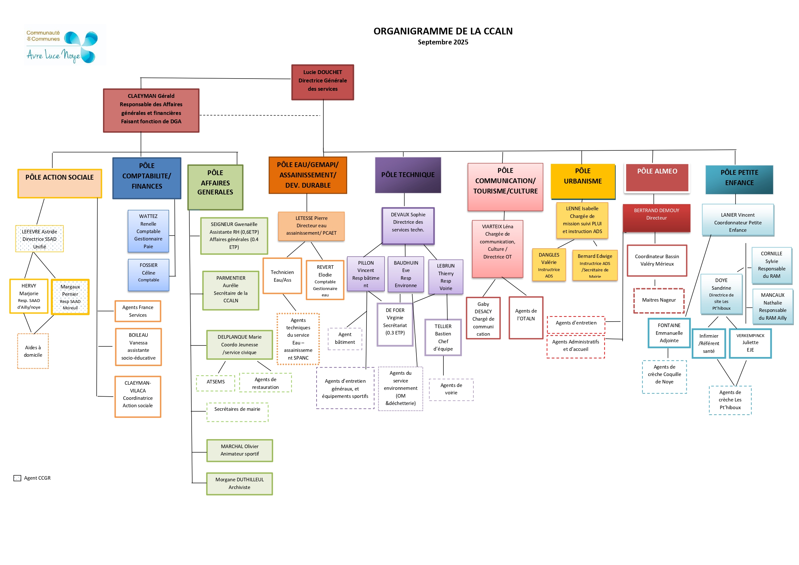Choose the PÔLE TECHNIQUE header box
tap(408, 174)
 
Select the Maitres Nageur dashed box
tap(659, 300)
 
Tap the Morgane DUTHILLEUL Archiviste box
tap(239, 483)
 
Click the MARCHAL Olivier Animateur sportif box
tap(239, 450)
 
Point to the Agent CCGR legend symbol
tap(17, 478)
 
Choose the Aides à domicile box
tap(33, 351)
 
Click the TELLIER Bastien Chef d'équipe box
tap(443, 337)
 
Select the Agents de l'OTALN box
tap(526, 317)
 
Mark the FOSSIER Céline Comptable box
tap(148, 275)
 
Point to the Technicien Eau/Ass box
tap(282, 276)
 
